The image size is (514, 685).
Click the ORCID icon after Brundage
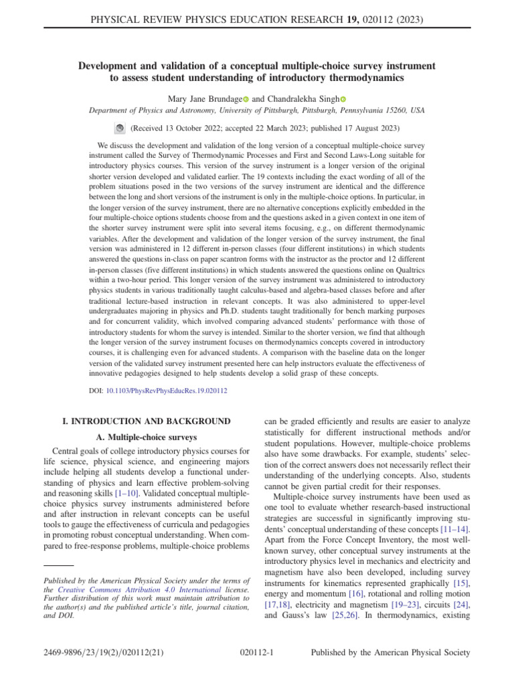(245, 99)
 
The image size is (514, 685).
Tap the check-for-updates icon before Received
(119, 127)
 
